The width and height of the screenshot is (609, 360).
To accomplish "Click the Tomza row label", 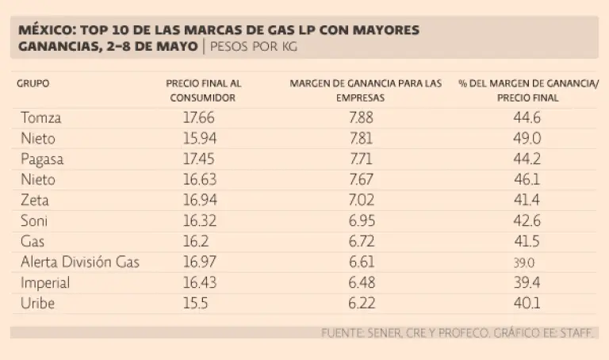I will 42,118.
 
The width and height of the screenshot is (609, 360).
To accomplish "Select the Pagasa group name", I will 43,159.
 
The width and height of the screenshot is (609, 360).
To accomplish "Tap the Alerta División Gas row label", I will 80,262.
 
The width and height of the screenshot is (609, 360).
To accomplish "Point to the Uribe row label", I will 39,304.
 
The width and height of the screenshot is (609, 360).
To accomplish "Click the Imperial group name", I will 46,283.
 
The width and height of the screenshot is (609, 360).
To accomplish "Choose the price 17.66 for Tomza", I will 198,118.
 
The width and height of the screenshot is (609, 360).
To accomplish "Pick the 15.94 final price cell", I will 198,139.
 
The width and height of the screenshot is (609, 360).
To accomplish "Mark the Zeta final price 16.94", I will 198,201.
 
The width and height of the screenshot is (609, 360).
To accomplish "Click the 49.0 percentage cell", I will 527,139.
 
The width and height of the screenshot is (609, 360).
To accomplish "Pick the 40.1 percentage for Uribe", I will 527,304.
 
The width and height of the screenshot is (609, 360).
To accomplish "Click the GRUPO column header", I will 33,83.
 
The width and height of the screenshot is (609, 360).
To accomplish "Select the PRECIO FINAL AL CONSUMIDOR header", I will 203,90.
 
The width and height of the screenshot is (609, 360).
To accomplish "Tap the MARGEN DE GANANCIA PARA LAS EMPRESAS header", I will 366,90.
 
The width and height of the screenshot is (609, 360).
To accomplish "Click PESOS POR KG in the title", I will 255,47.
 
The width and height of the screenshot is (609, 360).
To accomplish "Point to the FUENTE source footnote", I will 457,333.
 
